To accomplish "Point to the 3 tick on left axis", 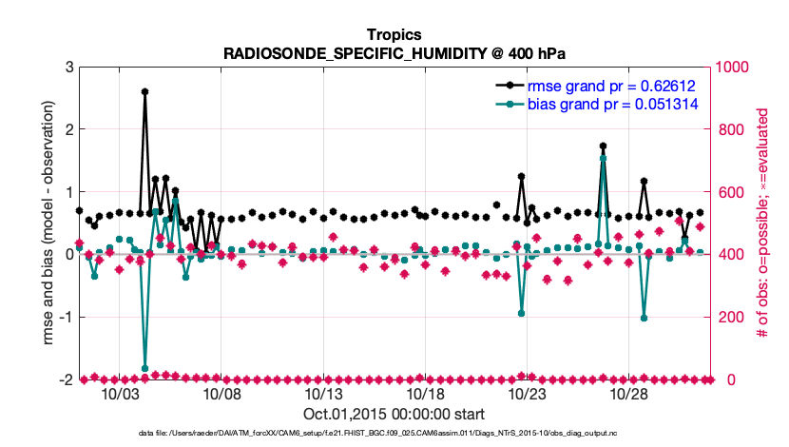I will click(x=69, y=67).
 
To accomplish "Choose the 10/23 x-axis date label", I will click(x=527, y=394).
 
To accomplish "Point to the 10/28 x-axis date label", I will click(x=628, y=394).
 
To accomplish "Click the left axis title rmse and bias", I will click(x=47, y=223).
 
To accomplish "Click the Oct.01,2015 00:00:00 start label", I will click(x=394, y=414).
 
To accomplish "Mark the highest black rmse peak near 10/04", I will click(x=144, y=91).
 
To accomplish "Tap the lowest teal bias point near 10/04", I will click(x=144, y=368).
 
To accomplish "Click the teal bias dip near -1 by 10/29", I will click(x=645, y=318).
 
